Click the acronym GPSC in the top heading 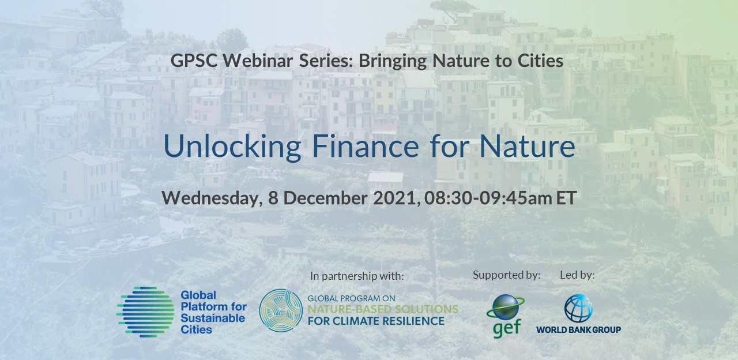194,61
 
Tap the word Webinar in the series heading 258,61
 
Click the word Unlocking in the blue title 232,147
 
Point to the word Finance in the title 366,146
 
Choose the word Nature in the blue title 528,146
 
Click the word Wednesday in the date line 212,198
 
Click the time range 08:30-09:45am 488,198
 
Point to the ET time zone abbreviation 566,198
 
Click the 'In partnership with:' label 357,276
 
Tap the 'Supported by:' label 507,275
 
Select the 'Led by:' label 577,275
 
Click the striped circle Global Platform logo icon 145,312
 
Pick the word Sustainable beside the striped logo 213,318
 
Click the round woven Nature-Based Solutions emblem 281,310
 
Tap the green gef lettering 506,328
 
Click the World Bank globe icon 578,309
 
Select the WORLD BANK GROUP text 578,329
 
